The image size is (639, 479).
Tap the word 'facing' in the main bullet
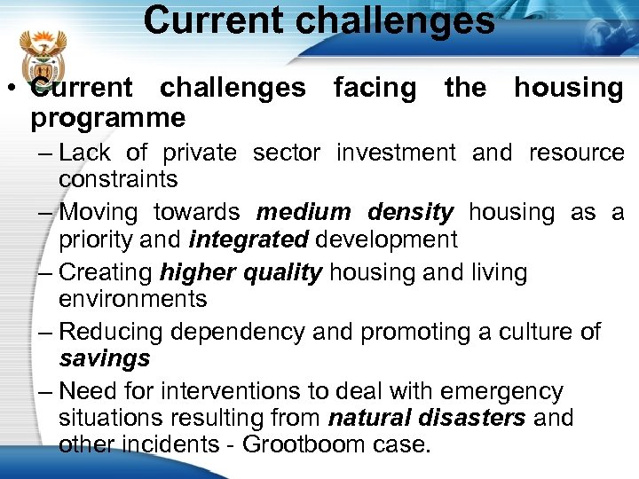point(374,88)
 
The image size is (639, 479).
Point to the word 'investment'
point(396,153)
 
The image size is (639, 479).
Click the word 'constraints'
point(118,179)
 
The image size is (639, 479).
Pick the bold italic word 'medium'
point(304,213)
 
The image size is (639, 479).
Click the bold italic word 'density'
point(410,213)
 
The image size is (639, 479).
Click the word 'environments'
point(132,299)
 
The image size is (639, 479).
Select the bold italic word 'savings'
point(104,359)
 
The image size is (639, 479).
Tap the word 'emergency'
point(501,392)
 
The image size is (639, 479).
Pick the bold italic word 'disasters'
point(473,418)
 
